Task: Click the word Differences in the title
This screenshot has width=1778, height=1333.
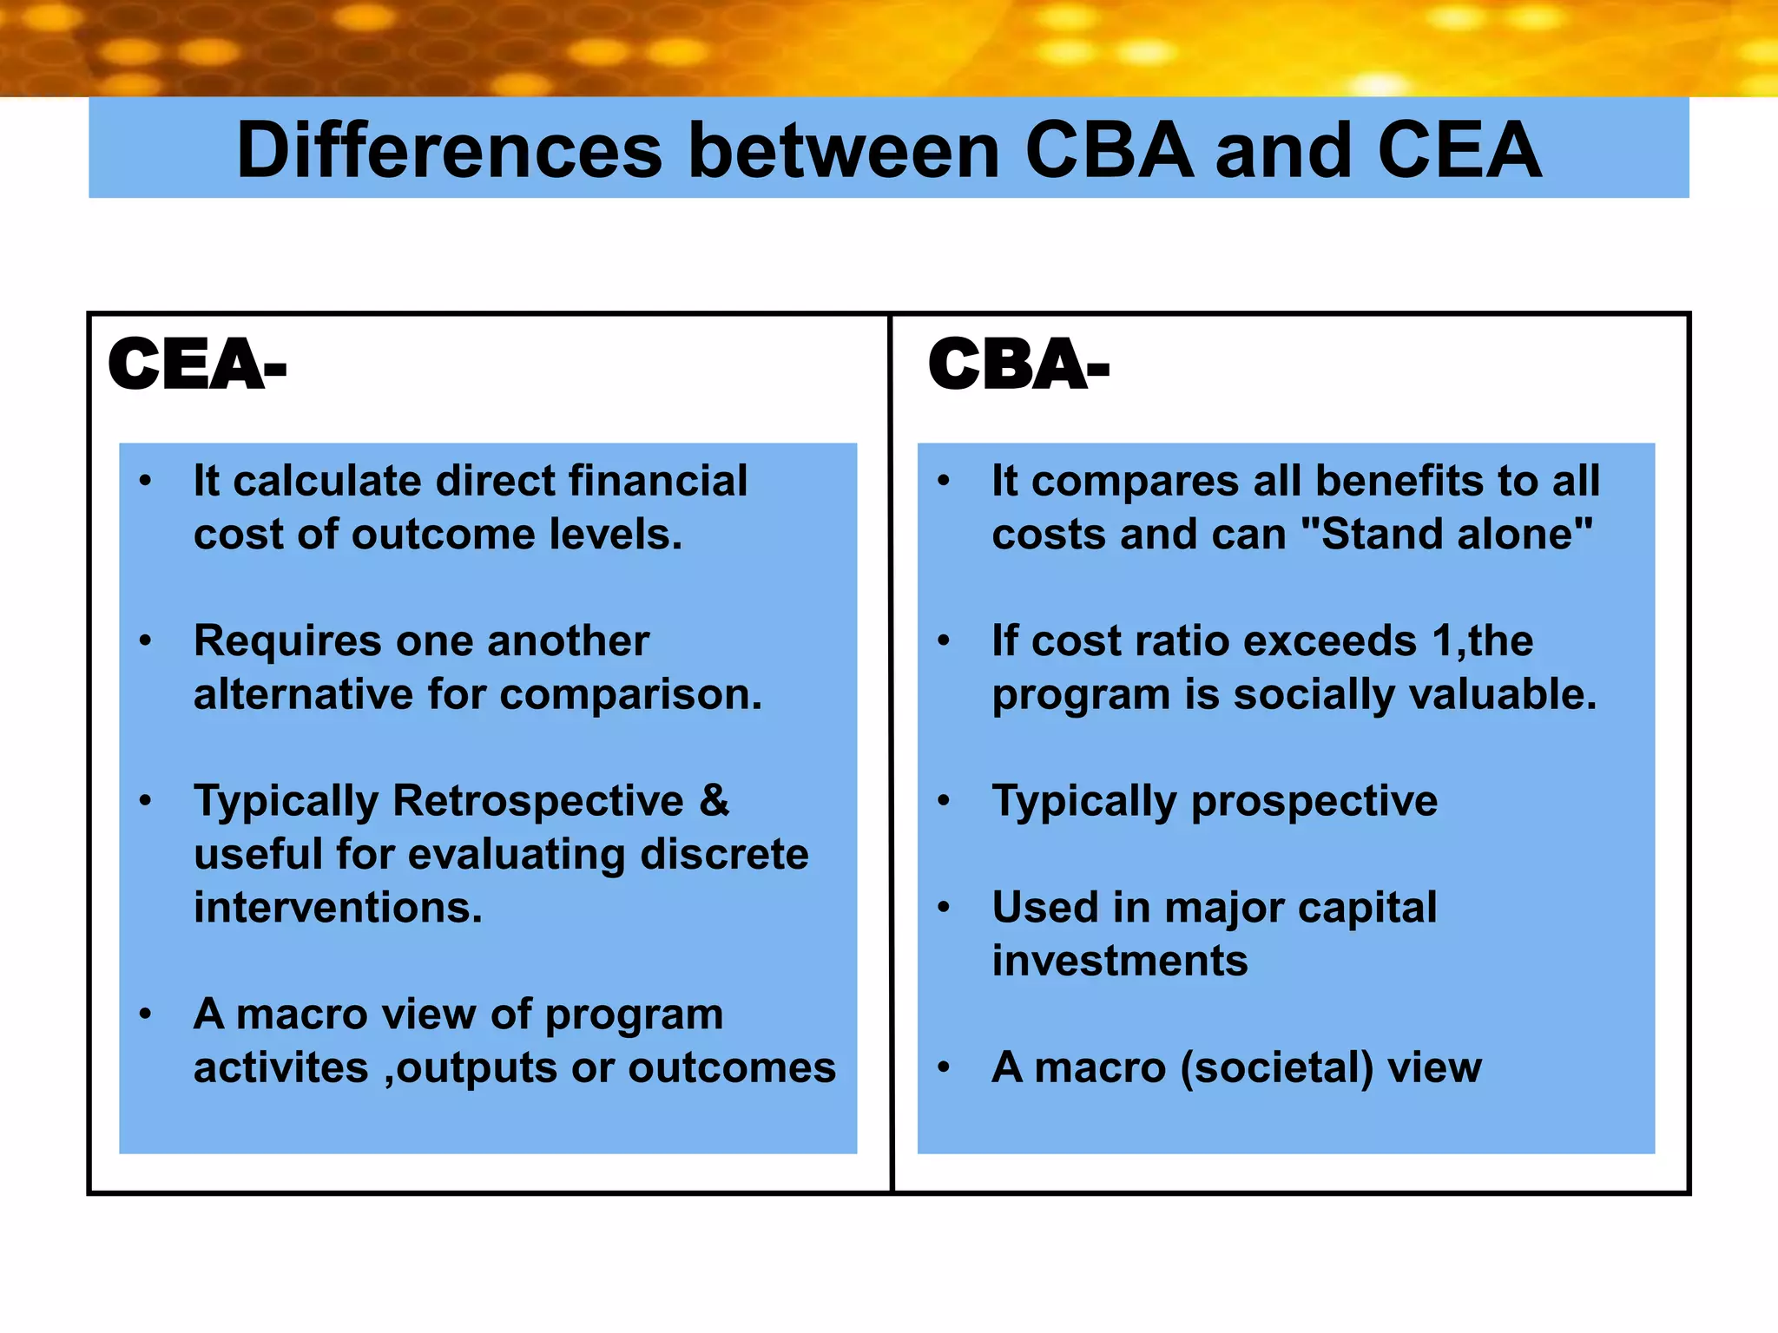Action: pos(449,151)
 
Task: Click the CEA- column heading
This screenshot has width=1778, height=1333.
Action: pos(197,364)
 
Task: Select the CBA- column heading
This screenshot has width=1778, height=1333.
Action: pos(1018,364)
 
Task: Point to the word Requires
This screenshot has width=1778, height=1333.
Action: pos(287,642)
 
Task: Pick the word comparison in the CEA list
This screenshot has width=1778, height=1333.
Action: pos(630,695)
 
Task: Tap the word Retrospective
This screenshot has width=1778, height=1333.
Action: pos(538,801)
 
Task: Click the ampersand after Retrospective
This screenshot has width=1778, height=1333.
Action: pos(714,801)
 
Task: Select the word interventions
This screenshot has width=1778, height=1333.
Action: pos(338,908)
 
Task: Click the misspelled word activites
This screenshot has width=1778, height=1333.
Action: pos(280,1067)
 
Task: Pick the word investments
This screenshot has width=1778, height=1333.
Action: pos(1120,962)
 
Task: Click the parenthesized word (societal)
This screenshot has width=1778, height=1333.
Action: pos(1276,1067)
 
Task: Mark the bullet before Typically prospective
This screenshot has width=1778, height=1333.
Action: pos(945,801)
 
